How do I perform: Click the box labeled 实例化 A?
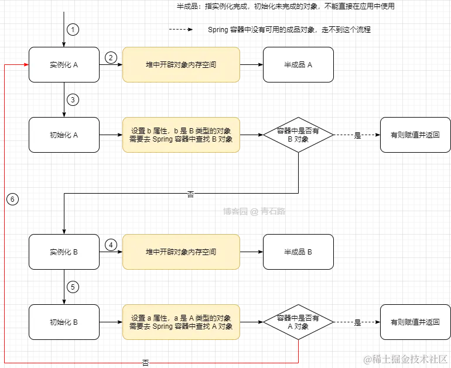tap(64, 65)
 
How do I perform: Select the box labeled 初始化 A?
tap(64, 135)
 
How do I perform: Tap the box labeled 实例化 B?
tap(64, 252)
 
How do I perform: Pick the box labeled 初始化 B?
tap(64, 322)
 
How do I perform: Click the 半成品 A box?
tap(298, 65)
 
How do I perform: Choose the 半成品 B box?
tap(298, 252)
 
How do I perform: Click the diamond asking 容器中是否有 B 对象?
tap(298, 135)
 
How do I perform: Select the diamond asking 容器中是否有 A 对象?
tap(298, 322)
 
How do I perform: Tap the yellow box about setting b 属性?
tap(181, 135)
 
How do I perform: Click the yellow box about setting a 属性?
tap(181, 322)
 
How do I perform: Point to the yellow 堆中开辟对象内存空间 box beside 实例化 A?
tap(181, 65)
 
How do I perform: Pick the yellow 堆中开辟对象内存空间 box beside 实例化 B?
tap(181, 252)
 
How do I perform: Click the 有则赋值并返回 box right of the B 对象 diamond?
tap(415, 135)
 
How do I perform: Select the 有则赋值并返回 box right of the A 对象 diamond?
tap(415, 322)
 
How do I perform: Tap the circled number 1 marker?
tap(72, 29)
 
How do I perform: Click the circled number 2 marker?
tap(111, 57)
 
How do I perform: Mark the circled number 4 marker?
tap(111, 245)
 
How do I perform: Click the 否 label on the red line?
tap(145, 363)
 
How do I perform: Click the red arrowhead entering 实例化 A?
tap(25, 65)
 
